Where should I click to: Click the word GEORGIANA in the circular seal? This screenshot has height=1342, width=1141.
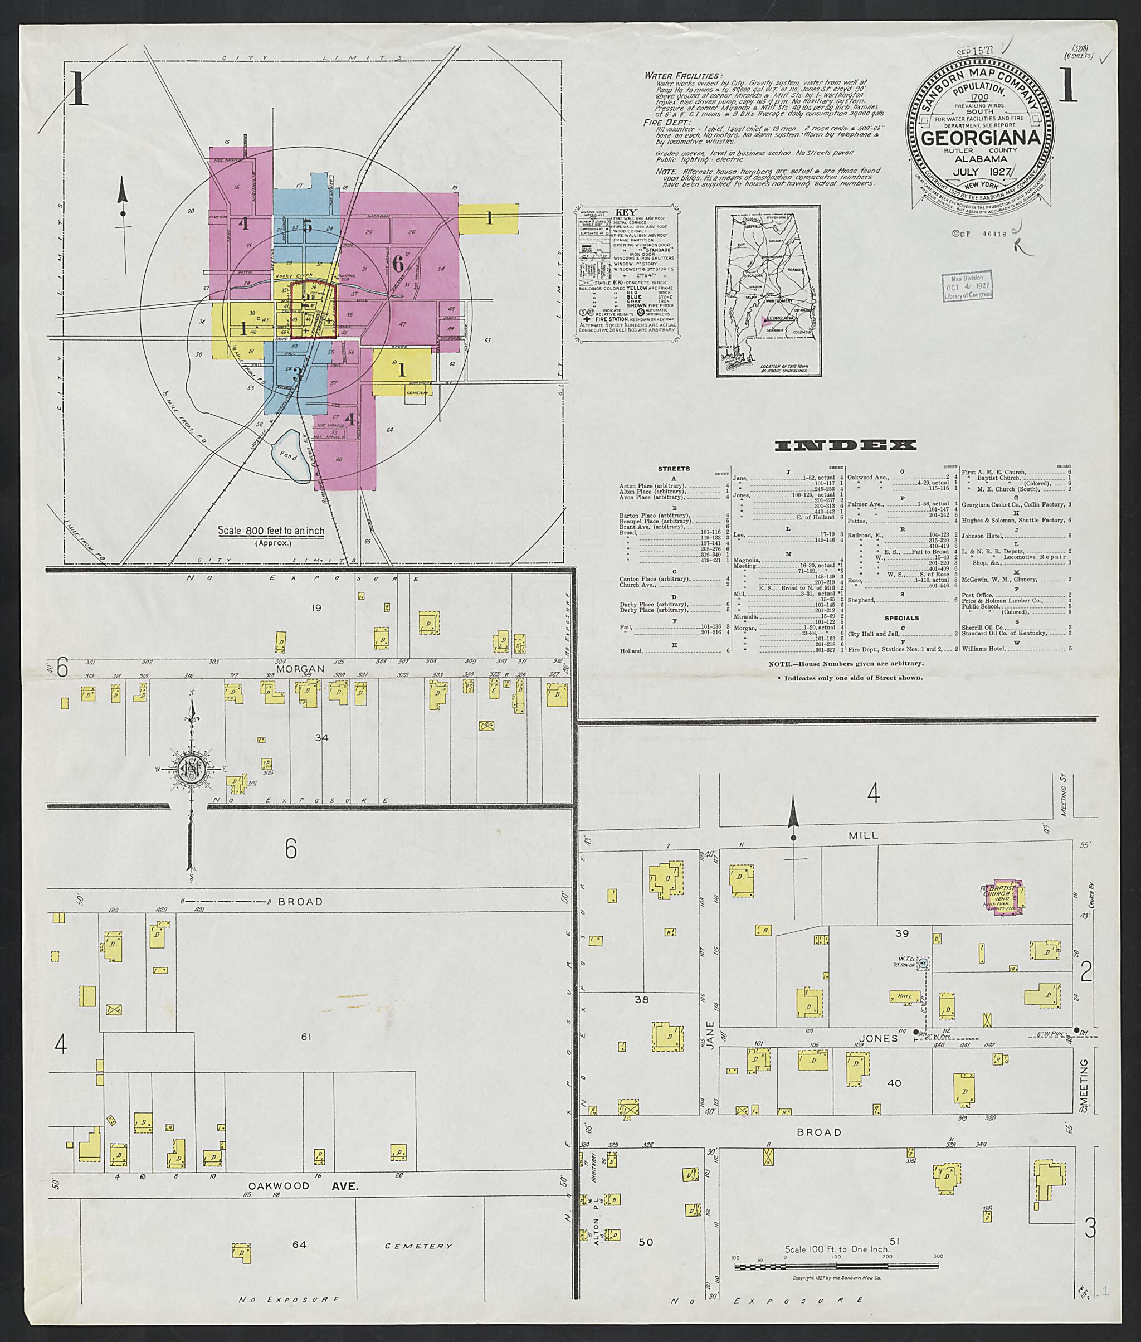coord(980,138)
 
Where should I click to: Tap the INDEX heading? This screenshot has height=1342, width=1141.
coord(845,445)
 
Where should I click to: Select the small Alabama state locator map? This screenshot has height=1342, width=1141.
coord(767,290)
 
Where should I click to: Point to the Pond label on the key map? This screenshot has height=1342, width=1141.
coord(288,456)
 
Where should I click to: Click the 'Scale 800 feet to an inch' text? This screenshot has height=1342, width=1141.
coord(270,531)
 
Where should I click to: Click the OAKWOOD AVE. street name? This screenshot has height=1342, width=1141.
coord(304,1186)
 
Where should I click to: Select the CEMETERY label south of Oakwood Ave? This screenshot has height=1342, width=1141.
coord(418,1246)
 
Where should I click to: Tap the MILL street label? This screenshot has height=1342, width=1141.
coord(864,835)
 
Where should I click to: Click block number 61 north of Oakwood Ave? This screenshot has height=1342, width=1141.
coord(306,1037)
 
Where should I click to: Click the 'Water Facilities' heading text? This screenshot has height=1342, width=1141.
coord(683,76)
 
